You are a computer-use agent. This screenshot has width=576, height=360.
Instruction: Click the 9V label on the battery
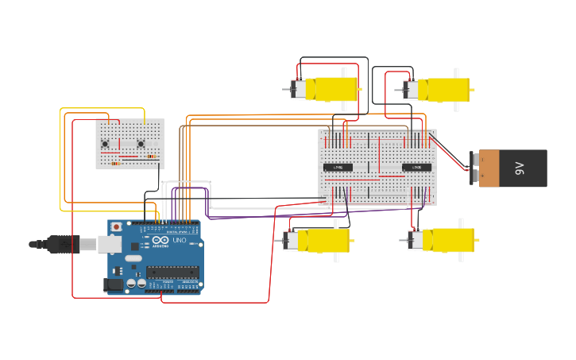pos(520,168)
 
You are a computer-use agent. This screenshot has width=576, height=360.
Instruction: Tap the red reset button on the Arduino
pos(117,226)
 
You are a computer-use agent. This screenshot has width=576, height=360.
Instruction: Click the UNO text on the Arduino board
pos(180,240)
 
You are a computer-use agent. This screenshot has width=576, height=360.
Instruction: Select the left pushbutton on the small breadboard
pos(106,143)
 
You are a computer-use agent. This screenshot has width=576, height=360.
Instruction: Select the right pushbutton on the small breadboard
pos(141,143)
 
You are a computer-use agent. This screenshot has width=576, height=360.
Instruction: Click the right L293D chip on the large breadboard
pos(416,167)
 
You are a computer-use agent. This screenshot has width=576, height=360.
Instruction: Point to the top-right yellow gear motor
pos(443,89)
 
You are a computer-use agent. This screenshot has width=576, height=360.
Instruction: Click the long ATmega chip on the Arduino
pos(172,272)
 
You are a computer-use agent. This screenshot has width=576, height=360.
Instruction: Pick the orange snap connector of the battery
pos(488,168)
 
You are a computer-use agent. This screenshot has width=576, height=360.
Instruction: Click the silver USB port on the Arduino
pos(110,243)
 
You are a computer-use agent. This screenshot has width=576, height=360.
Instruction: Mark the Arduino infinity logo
pos(160,240)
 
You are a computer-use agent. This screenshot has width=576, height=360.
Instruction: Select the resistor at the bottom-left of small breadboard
pos(114,163)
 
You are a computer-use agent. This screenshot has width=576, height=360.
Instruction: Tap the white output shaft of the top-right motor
pos(456,72)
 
